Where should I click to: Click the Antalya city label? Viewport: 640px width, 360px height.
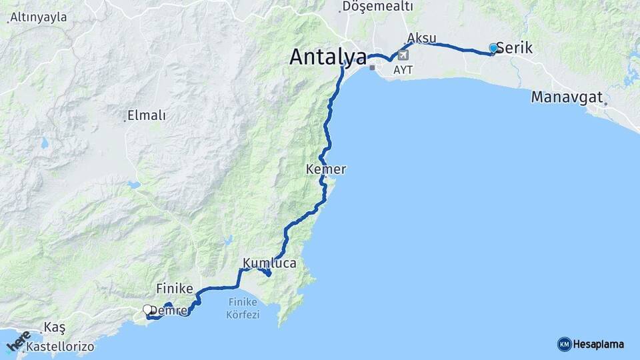(328, 57)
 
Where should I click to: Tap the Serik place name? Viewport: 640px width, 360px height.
(515, 49)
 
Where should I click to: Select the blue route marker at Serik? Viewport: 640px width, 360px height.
(493, 48)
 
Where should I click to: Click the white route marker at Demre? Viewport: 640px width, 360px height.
(147, 309)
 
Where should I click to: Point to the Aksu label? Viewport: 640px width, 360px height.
(421, 37)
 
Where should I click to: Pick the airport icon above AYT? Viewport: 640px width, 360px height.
(403, 55)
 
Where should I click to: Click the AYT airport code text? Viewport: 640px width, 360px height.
(403, 69)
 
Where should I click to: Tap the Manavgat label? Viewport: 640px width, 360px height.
(567, 97)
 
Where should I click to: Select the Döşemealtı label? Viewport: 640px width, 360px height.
(377, 6)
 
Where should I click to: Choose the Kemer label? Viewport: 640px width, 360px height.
(325, 169)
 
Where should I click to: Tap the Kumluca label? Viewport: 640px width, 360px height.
(269, 263)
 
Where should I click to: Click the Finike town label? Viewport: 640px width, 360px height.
(175, 289)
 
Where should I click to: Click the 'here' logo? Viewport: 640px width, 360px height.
(18, 341)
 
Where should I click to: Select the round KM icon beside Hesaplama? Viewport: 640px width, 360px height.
(564, 344)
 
